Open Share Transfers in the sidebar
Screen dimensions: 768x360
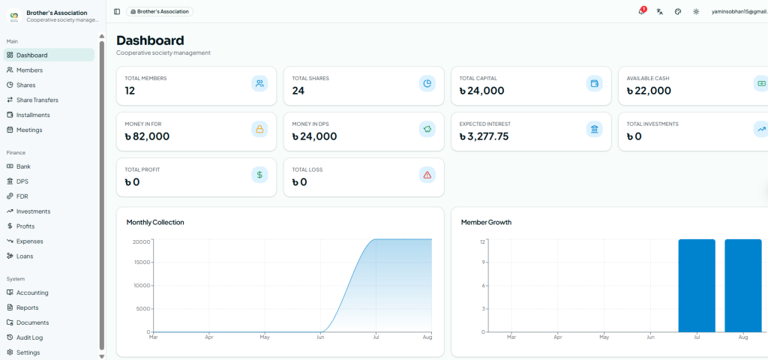(32, 100)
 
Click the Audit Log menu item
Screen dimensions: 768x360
(28, 337)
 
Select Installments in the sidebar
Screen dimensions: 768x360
(28, 115)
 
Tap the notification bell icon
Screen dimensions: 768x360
(642, 12)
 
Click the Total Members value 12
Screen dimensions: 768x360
(130, 91)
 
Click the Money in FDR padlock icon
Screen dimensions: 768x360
(259, 129)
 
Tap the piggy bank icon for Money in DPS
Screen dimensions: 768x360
(427, 129)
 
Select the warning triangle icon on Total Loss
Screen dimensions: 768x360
(427, 175)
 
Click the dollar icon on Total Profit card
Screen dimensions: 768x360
(259, 175)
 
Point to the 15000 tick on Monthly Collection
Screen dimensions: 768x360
(142, 262)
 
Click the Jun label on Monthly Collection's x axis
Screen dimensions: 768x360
(321, 337)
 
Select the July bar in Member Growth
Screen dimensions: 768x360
(697, 286)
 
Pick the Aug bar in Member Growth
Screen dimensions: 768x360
(743, 286)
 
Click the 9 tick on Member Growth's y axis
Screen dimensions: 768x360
(483, 262)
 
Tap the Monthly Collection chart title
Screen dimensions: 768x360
(155, 222)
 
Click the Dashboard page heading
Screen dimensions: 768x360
(150, 40)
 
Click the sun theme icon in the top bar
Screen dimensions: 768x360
(696, 12)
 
